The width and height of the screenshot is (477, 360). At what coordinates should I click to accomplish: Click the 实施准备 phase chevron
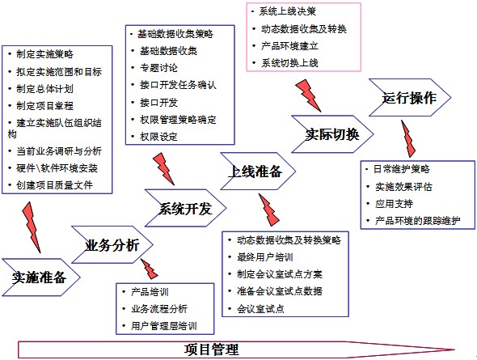click(40, 277)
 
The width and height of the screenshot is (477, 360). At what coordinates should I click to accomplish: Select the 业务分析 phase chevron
click(112, 244)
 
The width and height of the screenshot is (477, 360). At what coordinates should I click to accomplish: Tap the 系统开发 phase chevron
click(186, 208)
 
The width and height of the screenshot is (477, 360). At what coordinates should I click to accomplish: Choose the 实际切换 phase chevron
click(332, 134)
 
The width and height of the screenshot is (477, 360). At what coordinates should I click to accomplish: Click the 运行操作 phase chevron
click(409, 97)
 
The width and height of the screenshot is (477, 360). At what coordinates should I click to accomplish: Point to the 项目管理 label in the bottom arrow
click(211, 349)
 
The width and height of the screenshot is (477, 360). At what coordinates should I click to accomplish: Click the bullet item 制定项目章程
click(44, 106)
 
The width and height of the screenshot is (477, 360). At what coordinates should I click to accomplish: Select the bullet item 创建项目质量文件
click(54, 185)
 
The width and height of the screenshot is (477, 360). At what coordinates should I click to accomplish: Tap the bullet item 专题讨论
click(158, 68)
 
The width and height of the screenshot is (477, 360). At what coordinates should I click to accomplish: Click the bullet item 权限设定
click(158, 137)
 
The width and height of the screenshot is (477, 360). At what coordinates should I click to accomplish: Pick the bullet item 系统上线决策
click(288, 11)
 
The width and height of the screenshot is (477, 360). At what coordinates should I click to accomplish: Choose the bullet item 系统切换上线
click(289, 63)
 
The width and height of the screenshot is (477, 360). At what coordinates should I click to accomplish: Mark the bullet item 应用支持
click(394, 204)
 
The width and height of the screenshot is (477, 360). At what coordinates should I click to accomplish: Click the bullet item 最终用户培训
click(265, 257)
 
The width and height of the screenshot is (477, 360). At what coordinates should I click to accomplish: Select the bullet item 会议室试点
click(260, 309)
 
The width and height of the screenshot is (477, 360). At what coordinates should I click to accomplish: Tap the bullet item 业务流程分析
click(159, 309)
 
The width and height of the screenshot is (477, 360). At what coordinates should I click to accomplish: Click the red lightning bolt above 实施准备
click(32, 227)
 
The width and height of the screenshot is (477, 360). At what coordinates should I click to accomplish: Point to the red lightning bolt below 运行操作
click(407, 138)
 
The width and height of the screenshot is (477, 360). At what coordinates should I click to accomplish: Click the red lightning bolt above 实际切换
click(308, 95)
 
